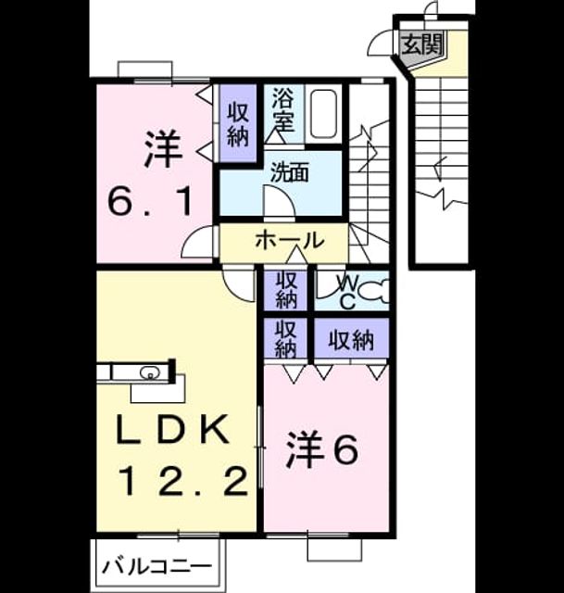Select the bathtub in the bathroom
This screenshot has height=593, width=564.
click(x=323, y=115)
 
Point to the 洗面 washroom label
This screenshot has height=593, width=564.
click(x=290, y=172)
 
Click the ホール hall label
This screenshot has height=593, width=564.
click(x=290, y=240)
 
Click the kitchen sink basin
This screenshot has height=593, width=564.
click(x=149, y=373)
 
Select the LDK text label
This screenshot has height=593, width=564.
click(x=173, y=430)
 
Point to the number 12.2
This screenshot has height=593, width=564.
click(x=184, y=481)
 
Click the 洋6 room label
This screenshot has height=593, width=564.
click(x=322, y=450)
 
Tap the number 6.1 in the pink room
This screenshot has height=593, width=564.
click(x=149, y=201)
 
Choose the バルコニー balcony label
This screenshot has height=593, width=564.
click(x=157, y=566)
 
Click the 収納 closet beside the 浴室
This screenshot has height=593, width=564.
click(x=238, y=124)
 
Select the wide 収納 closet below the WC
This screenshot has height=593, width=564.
click(x=351, y=340)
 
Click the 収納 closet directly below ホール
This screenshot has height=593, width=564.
click(x=286, y=290)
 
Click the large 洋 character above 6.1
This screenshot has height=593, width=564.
click(x=162, y=148)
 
